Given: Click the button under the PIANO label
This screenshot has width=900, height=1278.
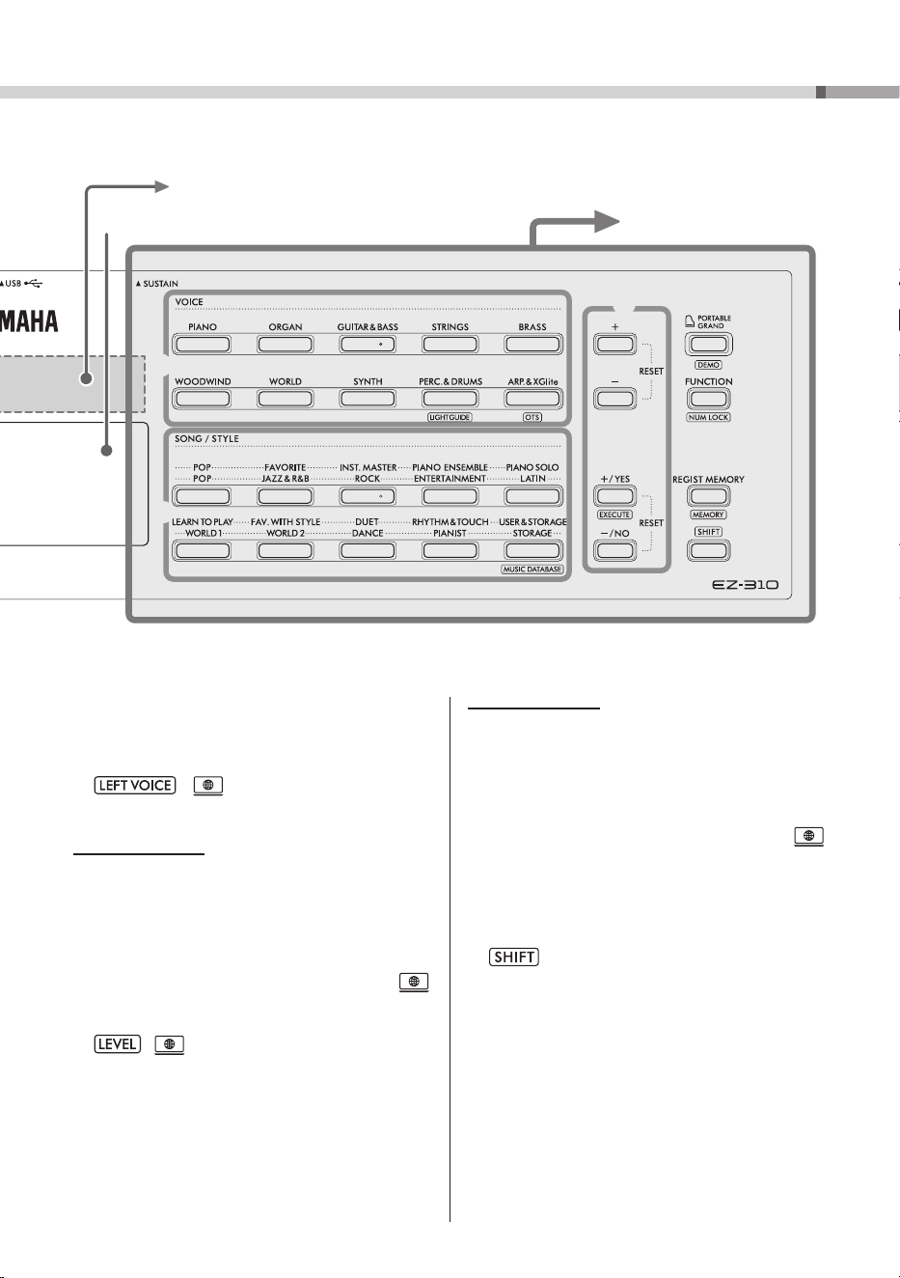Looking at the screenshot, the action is [x=203, y=344].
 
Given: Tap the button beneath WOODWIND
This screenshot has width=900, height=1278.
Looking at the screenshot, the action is [x=203, y=399].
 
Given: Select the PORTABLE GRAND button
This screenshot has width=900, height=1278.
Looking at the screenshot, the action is [x=708, y=344].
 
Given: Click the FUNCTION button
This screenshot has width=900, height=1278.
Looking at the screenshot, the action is [x=708, y=399].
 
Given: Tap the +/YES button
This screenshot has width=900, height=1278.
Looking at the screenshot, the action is [x=614, y=496].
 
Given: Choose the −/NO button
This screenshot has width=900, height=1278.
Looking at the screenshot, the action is [x=614, y=550].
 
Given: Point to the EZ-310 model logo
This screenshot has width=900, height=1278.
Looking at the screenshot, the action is [x=745, y=584].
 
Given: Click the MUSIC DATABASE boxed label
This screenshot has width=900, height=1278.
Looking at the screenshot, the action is [x=532, y=570].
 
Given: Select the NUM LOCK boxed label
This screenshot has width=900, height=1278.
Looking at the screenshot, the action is [x=708, y=417].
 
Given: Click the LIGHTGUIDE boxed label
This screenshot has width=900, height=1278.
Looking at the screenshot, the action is [x=450, y=417].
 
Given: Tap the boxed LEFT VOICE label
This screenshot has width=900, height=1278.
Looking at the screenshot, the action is [x=135, y=785].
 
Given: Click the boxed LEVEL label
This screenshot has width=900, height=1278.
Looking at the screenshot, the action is [x=117, y=1044].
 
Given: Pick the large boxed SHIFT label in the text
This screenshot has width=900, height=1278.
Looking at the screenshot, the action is [x=514, y=957].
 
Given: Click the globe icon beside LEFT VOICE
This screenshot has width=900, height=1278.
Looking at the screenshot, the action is [x=208, y=786].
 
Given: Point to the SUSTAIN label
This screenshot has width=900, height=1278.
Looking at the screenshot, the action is [x=157, y=284].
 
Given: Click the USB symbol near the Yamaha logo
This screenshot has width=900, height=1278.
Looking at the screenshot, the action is [x=34, y=283].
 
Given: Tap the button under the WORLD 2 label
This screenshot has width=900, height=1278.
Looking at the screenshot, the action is [x=286, y=550].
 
